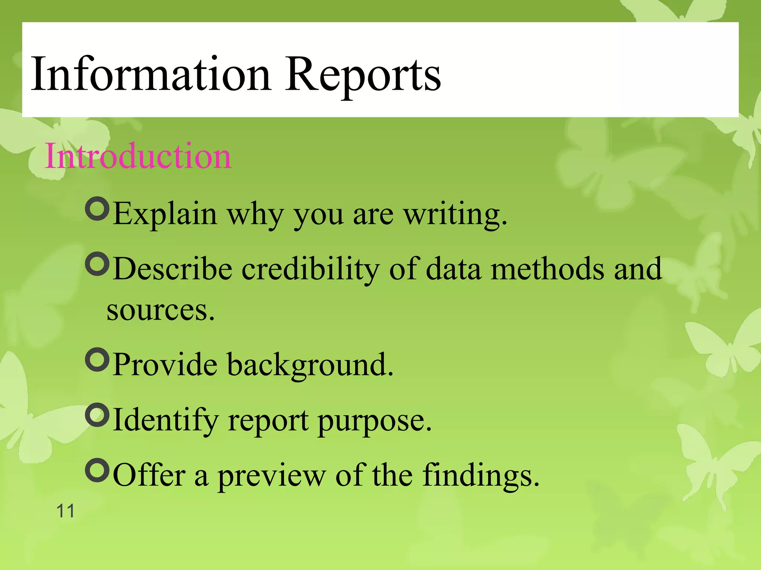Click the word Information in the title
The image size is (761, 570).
(x=150, y=74)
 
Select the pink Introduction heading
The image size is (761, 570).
(x=138, y=156)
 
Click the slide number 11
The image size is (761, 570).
(x=65, y=511)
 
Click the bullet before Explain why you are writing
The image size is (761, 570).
(x=97, y=209)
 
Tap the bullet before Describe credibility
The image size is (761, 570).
(x=97, y=264)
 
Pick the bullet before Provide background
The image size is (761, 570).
(x=97, y=359)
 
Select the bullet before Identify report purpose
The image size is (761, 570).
(x=97, y=415)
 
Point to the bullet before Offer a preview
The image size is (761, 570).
(x=97, y=470)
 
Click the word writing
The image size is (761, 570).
(x=455, y=215)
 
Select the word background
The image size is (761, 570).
(x=310, y=366)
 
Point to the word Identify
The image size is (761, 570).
(x=166, y=421)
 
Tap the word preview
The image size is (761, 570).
(x=272, y=476)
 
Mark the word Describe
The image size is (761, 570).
(x=173, y=269)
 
